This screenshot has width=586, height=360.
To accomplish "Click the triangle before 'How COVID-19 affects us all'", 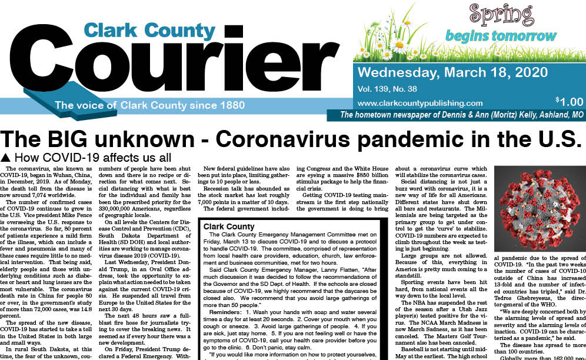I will [x=6, y=158].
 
